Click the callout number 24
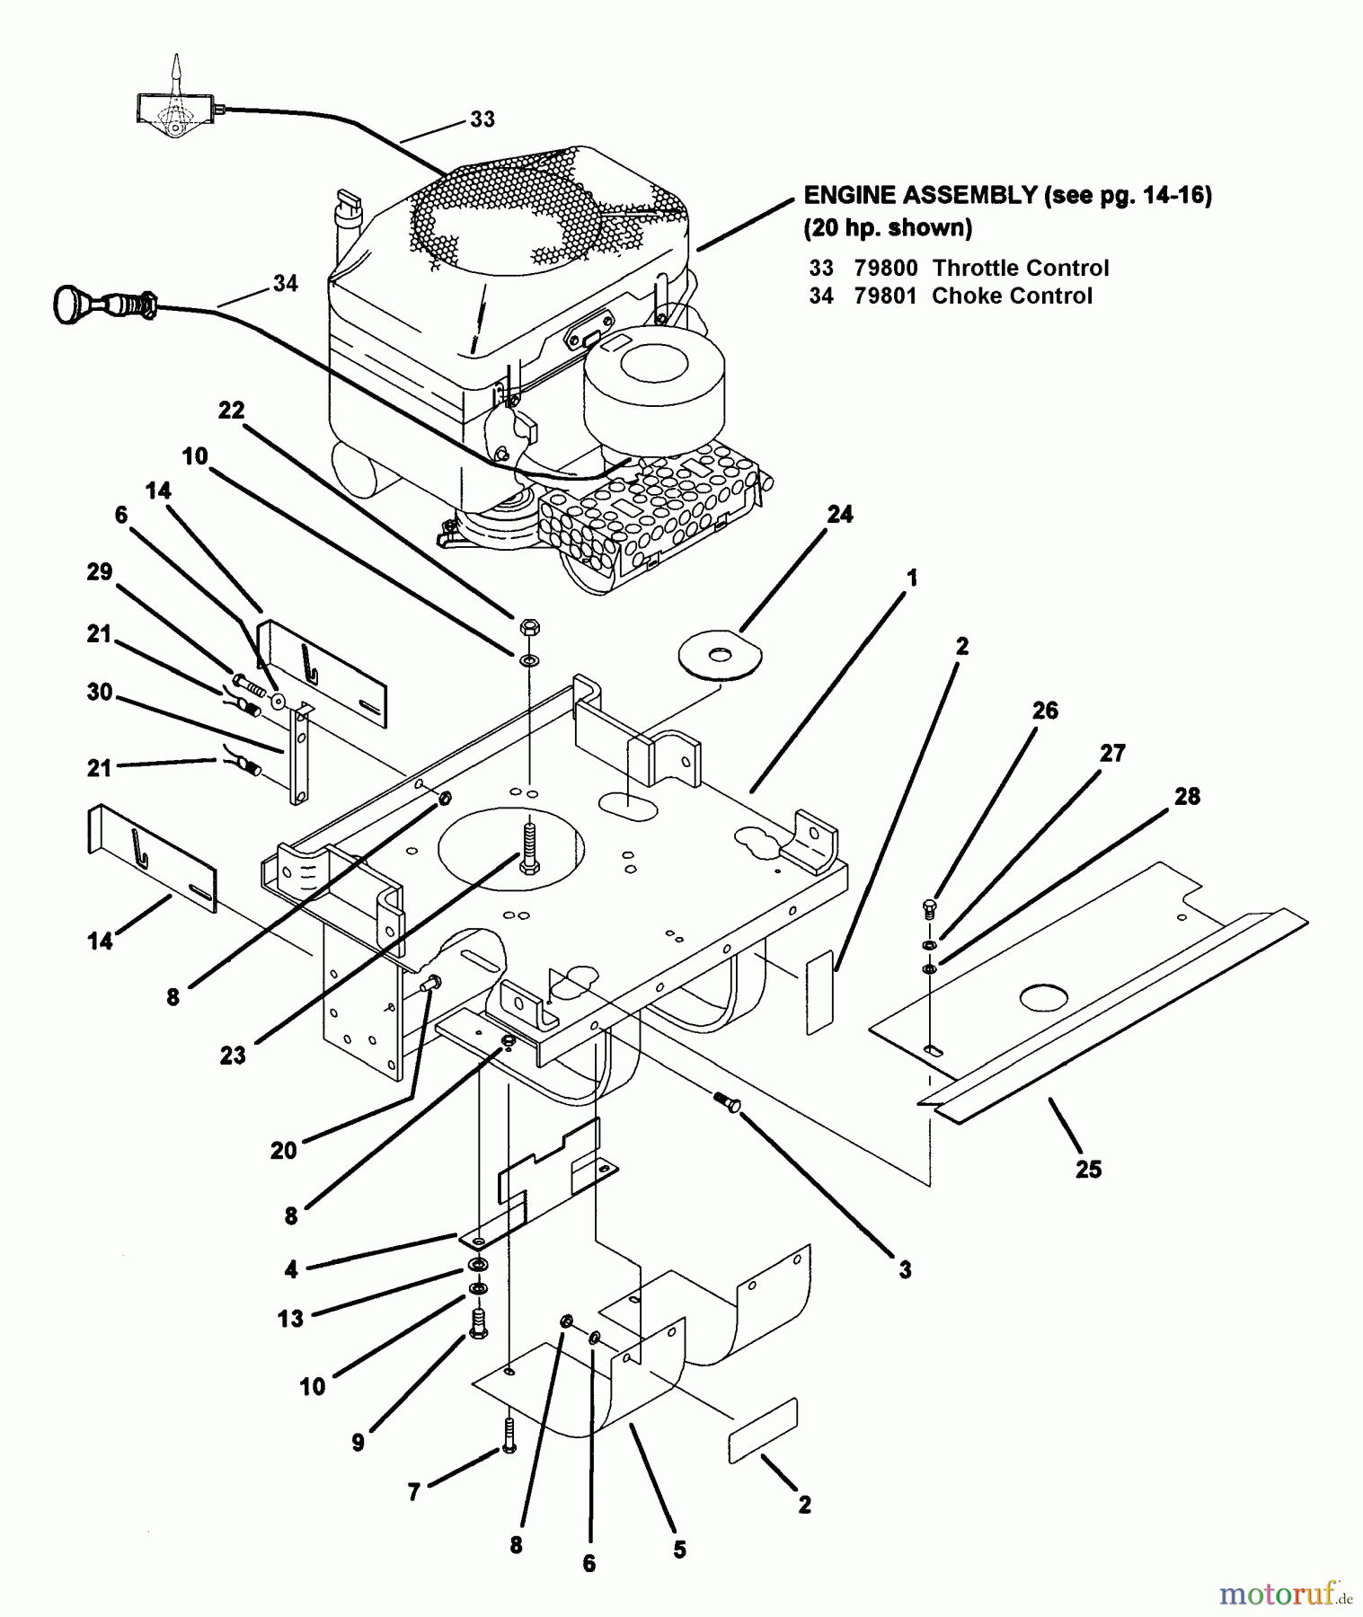click(x=840, y=515)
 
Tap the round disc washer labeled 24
click(x=719, y=655)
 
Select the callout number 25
click(x=1088, y=1169)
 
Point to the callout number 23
click(x=233, y=1056)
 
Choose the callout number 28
click(x=1187, y=796)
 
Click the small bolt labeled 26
click(x=931, y=909)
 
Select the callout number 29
click(x=99, y=571)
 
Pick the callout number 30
click(x=99, y=693)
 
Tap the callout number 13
click(x=290, y=1318)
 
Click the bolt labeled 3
click(x=727, y=1101)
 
